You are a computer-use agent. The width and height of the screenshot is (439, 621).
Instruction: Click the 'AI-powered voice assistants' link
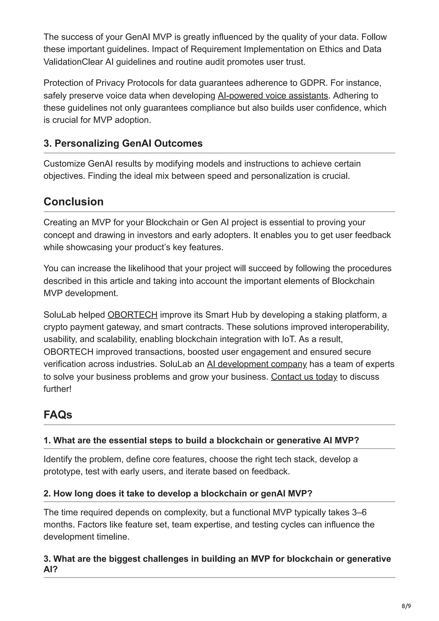[x=273, y=96]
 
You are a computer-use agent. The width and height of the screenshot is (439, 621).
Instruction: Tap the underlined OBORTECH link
[x=132, y=315]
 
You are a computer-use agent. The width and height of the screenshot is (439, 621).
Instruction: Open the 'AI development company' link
[x=257, y=364]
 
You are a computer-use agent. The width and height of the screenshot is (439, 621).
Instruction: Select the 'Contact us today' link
[x=304, y=376]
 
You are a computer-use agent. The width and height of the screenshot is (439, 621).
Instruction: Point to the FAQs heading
[x=58, y=415]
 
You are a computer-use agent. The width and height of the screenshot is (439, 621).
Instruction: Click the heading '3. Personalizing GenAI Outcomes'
[x=123, y=143]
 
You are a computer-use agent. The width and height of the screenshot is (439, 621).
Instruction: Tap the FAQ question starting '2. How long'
[x=178, y=493]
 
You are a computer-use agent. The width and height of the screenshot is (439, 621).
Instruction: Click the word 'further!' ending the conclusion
[x=57, y=389]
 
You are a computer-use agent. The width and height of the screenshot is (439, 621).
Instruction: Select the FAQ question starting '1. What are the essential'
[x=201, y=440]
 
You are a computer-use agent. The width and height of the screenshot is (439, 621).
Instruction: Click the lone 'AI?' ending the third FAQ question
[x=51, y=569]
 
